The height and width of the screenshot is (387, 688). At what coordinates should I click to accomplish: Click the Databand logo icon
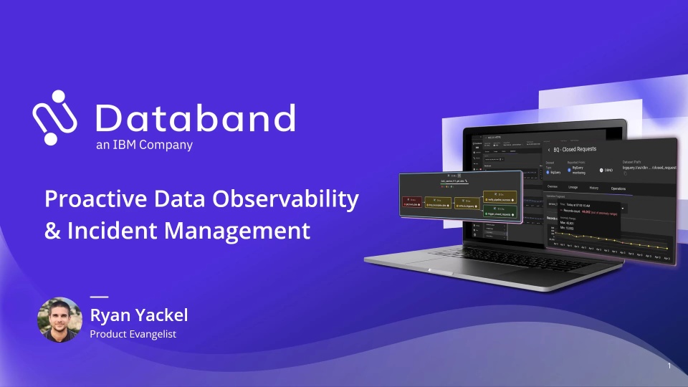54,118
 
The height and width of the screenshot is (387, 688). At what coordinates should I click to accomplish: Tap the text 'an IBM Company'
144,145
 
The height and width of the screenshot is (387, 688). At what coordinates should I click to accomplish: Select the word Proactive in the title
91,199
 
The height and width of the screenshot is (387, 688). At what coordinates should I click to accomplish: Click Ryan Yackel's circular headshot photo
59,319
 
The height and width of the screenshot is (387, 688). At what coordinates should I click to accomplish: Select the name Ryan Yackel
138,315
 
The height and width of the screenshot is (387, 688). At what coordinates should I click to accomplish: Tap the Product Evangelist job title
133,334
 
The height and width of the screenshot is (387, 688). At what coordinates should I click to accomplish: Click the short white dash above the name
98,296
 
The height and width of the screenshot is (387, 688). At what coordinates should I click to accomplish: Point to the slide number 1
669,366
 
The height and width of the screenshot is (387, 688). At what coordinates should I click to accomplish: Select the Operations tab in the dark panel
617,188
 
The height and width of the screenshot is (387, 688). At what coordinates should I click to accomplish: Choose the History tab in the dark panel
593,188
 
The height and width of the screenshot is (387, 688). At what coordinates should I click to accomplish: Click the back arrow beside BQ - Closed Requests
549,150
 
